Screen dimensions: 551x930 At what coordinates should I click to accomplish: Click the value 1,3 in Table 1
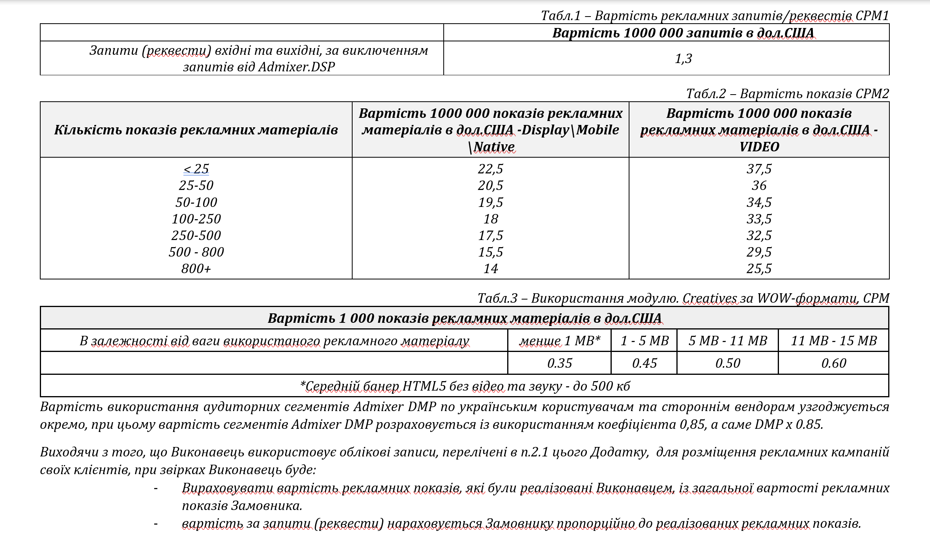click(x=683, y=59)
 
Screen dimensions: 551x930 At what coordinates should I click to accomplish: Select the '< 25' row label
click(x=196, y=169)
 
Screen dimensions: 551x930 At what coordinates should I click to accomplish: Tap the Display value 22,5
click(x=490, y=169)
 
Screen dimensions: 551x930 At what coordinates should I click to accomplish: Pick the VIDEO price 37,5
click(x=759, y=169)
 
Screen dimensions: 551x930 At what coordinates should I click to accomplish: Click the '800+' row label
click(x=196, y=268)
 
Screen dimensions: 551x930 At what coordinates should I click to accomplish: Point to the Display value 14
click(x=490, y=268)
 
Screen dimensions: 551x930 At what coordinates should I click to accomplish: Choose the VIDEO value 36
click(x=759, y=185)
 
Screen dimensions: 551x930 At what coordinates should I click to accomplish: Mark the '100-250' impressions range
click(x=196, y=219)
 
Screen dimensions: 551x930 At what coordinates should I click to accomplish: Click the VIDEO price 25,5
click(x=759, y=268)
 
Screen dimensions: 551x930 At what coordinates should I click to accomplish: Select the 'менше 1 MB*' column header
click(x=559, y=341)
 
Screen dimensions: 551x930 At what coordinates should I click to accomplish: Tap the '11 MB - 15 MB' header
click(x=833, y=341)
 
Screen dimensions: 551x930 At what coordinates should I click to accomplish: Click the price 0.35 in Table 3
click(x=559, y=363)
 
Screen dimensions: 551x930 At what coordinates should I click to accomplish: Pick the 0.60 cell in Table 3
click(x=833, y=363)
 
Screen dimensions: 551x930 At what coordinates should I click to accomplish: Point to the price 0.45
click(x=644, y=363)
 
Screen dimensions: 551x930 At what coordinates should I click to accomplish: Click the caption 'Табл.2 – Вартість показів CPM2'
click(x=787, y=94)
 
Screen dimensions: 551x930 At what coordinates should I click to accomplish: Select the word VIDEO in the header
click(x=759, y=147)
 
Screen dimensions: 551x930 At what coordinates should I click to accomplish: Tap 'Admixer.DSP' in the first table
click(x=296, y=67)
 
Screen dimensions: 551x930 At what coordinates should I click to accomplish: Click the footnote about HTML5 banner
click(x=465, y=386)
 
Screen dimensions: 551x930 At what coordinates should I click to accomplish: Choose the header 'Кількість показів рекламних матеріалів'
click(x=196, y=130)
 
